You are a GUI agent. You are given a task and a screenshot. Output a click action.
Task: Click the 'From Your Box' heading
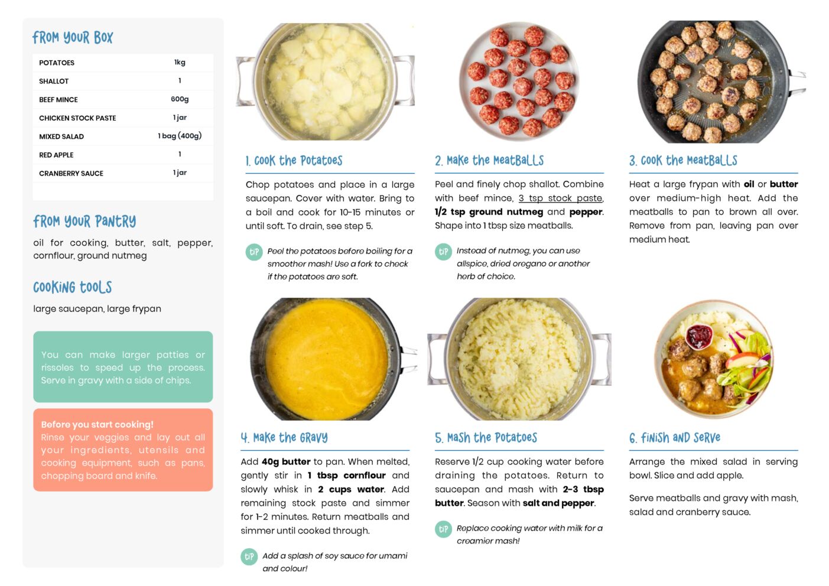(73, 37)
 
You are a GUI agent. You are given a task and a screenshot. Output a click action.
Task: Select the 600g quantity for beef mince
(180, 99)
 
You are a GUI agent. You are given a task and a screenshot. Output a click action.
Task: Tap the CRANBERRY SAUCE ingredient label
(71, 173)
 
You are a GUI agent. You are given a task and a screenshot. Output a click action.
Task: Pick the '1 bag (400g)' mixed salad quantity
(180, 136)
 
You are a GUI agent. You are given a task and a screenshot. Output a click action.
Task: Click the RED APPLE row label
(56, 155)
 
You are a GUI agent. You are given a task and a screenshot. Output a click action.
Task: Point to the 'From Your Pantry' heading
(84, 222)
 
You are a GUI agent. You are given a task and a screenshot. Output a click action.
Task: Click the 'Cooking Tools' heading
(73, 287)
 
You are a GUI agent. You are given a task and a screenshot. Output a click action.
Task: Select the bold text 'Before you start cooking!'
(97, 424)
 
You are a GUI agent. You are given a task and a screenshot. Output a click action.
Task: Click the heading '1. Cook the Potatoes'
(294, 161)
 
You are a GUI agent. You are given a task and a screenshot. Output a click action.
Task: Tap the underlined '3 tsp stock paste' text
(560, 198)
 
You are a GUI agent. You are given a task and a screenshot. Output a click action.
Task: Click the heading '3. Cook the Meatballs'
(683, 161)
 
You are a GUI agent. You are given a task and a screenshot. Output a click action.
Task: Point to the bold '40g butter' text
(286, 462)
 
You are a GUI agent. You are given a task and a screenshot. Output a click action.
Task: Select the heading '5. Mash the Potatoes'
(486, 438)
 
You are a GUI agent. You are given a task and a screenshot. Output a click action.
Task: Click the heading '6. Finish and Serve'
(675, 438)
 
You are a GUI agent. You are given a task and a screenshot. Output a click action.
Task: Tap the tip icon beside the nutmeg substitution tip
(443, 252)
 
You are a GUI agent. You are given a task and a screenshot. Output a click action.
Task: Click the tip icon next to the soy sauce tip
(249, 557)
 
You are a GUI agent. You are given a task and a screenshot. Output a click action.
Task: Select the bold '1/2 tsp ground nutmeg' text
(489, 212)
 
